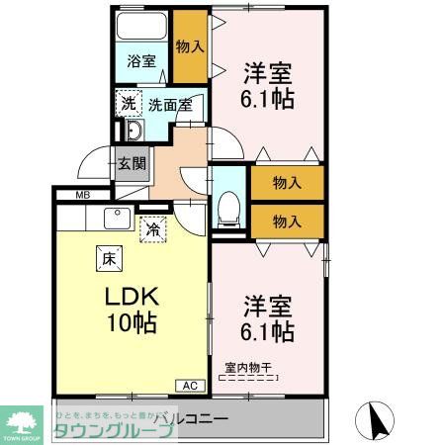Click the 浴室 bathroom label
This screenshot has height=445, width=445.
[x=141, y=61]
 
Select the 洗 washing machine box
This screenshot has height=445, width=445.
[x=129, y=102]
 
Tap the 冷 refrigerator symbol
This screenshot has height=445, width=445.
[x=153, y=228]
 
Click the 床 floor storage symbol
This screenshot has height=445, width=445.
[x=107, y=258]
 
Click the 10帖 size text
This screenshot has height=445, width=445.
[x=129, y=322]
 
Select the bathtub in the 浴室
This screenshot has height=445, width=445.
[x=140, y=28]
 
